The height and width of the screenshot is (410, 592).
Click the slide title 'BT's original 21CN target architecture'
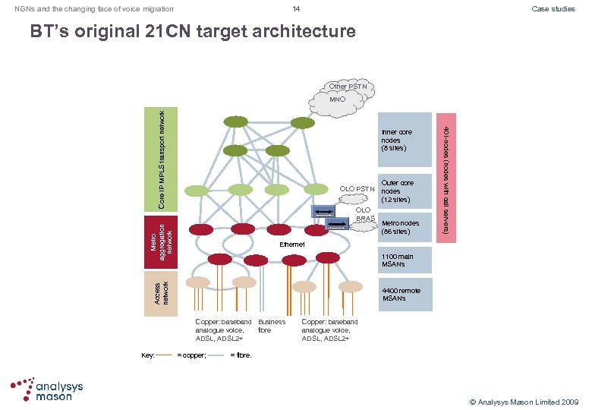point(192,32)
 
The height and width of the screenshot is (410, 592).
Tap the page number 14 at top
point(296,8)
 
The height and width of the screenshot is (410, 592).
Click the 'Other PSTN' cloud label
point(348,87)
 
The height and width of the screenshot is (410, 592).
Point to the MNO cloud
point(337,99)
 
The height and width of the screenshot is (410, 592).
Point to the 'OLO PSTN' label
point(357,188)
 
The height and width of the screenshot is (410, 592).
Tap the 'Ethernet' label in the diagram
point(292,244)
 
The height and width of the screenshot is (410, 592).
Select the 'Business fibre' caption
point(272,326)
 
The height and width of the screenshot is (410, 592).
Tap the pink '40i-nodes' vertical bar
point(446,178)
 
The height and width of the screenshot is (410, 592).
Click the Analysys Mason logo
point(47,389)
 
